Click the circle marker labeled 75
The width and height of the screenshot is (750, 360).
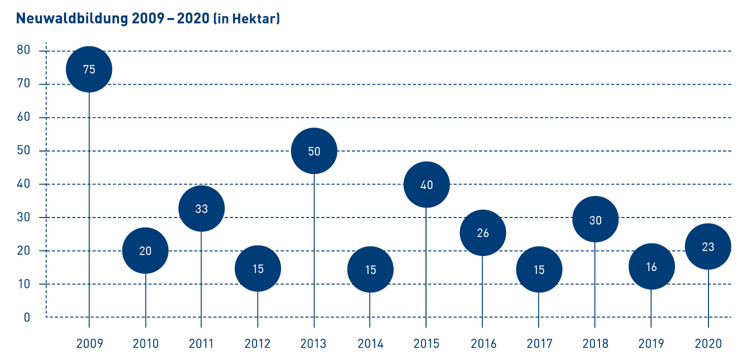coord(89,69)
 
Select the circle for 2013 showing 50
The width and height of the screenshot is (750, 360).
coord(314,151)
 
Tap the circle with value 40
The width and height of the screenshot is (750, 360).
coord(426,184)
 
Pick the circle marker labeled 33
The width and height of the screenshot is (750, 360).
coord(201,208)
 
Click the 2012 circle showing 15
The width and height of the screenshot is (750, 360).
coord(257,268)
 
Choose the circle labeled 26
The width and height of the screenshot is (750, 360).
coord(483,232)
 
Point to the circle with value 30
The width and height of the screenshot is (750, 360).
coord(595,219)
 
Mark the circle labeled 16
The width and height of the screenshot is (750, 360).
coord(651,266)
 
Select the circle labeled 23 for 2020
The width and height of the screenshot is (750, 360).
coord(708,246)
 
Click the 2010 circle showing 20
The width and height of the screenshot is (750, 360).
coord(145,250)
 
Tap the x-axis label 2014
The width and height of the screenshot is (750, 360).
coord(370,344)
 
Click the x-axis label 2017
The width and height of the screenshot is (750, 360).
coord(539,344)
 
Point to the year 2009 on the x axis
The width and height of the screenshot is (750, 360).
coord(89,344)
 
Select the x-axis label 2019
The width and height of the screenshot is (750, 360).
coord(651,344)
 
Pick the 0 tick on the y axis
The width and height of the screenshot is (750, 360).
coord(27,317)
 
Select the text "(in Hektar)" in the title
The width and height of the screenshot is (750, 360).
coord(246,19)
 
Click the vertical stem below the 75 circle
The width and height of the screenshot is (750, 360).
coord(89,200)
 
